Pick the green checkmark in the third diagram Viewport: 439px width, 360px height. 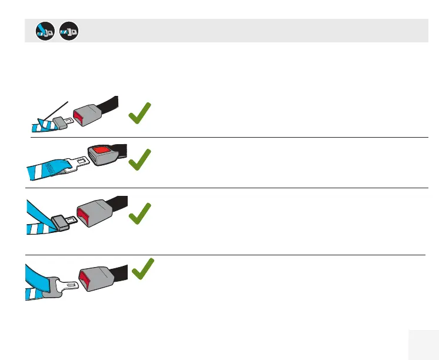(139, 214)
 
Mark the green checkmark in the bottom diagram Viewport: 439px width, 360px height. (143, 269)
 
